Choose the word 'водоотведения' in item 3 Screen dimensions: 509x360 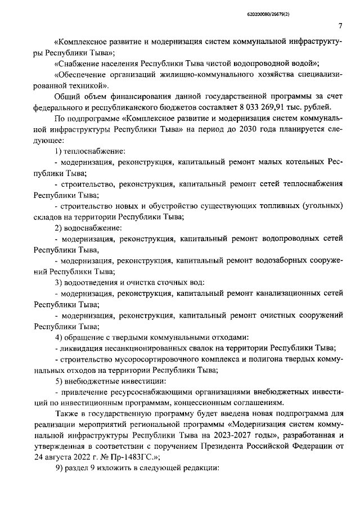tap(91, 282)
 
